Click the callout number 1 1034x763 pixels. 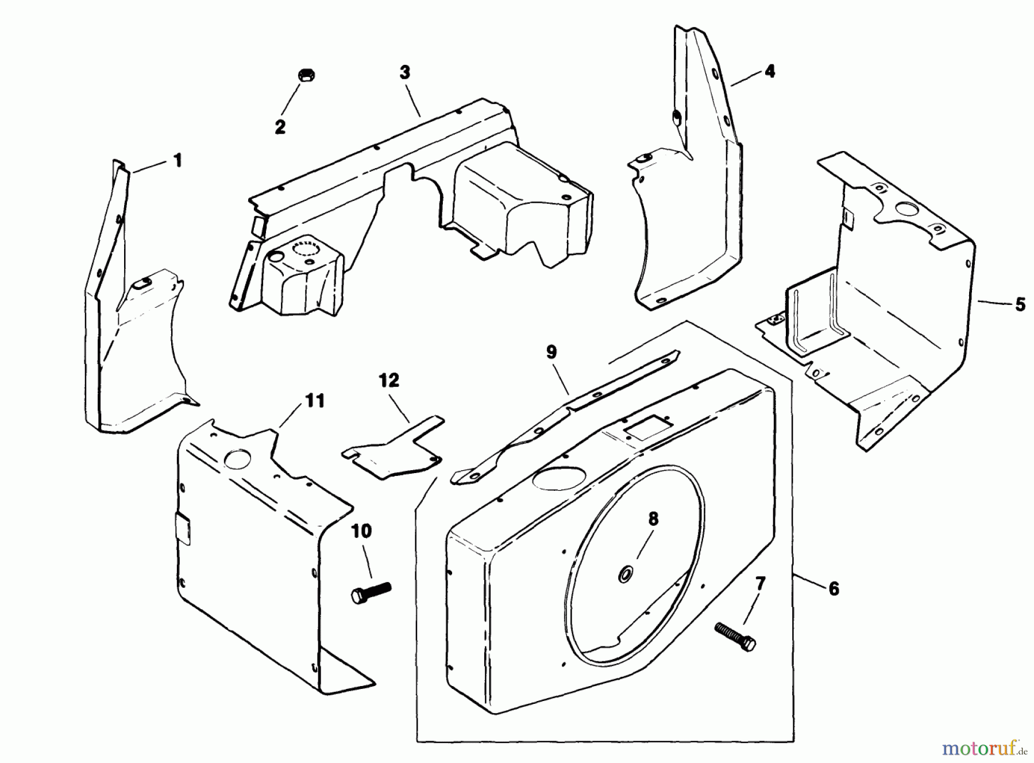[178, 160]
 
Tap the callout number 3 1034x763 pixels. [405, 73]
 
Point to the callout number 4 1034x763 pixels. [770, 71]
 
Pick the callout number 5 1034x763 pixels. [1020, 304]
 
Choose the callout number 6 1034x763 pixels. [834, 588]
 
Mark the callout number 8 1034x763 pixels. [653, 519]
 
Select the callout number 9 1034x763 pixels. [551, 352]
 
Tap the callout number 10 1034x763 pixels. [361, 531]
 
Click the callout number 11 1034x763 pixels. [314, 400]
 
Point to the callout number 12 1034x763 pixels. [389, 380]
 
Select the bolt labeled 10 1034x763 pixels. [370, 592]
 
